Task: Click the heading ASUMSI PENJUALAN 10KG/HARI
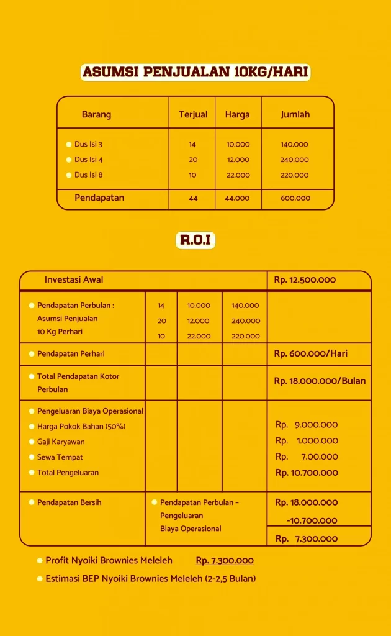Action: (x=195, y=72)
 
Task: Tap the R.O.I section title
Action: (x=195, y=240)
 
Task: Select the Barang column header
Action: (x=96, y=114)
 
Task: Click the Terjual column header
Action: (x=193, y=114)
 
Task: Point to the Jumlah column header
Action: (x=295, y=114)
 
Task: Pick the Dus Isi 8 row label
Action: (x=89, y=175)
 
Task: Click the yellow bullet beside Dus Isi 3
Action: (x=69, y=145)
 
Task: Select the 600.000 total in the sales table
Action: (x=295, y=198)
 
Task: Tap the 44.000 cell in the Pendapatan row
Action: (x=238, y=198)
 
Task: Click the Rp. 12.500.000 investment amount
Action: (x=305, y=280)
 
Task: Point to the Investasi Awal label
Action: (x=74, y=280)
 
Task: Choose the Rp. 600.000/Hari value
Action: (x=311, y=353)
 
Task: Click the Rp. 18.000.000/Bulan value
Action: (x=320, y=381)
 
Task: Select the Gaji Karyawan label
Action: (x=61, y=442)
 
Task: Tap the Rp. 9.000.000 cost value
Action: (x=307, y=425)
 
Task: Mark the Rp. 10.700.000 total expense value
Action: (x=307, y=473)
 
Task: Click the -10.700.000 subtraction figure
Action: (x=312, y=520)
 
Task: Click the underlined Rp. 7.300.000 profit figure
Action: (x=225, y=561)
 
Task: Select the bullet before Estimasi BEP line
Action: (x=40, y=579)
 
